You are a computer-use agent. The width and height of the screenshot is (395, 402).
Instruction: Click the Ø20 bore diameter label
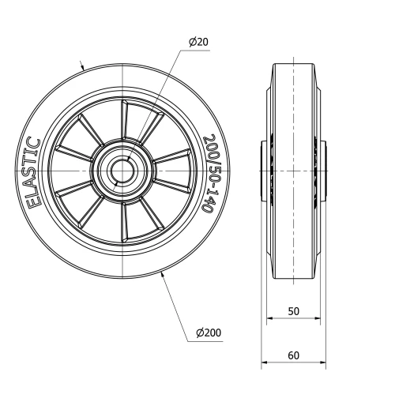[x=200, y=42]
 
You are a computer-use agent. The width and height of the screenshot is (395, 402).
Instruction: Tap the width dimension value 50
[x=293, y=311]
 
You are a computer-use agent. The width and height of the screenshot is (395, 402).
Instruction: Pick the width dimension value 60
[x=293, y=355]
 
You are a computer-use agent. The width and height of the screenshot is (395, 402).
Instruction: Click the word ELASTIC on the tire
[x=35, y=172]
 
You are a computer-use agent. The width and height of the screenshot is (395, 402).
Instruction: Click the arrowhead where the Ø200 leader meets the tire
[x=163, y=274]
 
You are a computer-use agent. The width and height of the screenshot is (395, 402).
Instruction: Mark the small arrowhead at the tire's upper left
[x=85, y=68]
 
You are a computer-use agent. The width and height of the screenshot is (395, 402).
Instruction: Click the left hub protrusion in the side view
[x=265, y=170]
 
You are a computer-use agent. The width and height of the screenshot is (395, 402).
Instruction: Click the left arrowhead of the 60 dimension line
[x=264, y=364]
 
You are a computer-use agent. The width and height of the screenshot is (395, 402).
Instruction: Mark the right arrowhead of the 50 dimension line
[x=318, y=320]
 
